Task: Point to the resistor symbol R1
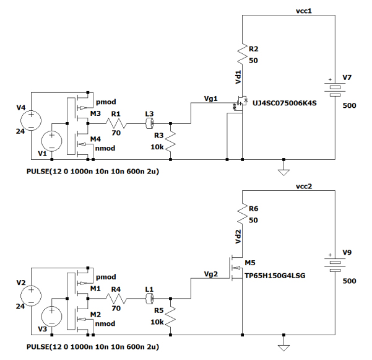click(x=116, y=124)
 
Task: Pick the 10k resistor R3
click(x=170, y=142)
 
